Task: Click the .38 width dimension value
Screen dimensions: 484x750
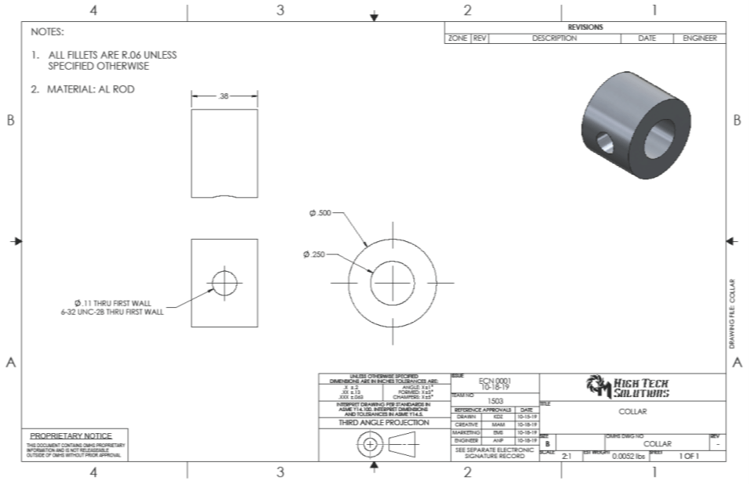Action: pos(224,97)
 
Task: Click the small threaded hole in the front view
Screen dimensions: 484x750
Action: pos(224,283)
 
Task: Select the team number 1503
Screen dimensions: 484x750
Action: pos(495,400)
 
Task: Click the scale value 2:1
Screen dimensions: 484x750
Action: pos(567,455)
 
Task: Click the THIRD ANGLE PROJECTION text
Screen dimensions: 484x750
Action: pos(384,422)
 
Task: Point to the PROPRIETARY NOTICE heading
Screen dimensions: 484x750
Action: pos(71,435)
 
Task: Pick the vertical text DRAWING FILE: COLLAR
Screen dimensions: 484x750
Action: pos(732,313)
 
